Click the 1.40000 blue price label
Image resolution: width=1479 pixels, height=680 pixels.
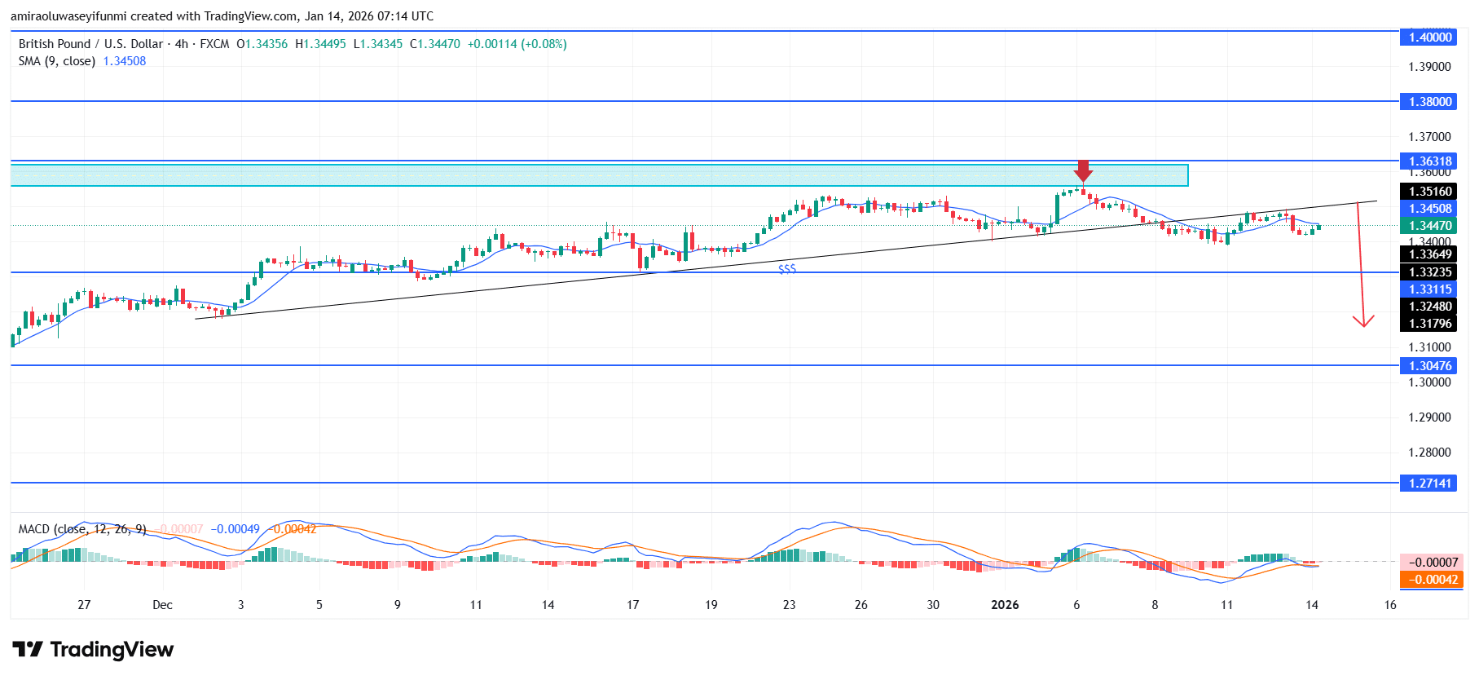tap(1430, 37)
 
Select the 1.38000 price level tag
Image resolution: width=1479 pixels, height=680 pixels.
tap(1430, 102)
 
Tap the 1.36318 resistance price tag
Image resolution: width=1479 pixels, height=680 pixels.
tap(1430, 161)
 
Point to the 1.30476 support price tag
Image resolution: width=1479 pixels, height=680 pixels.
tap(1430, 366)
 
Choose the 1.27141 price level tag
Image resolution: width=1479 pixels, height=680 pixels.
tap(1430, 484)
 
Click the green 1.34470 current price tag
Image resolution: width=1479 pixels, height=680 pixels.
tap(1430, 226)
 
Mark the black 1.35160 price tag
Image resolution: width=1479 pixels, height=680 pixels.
tap(1430, 192)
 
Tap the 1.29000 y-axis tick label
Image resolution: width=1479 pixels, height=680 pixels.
tap(1429, 417)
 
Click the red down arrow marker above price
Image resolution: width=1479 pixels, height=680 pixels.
tap(1082, 171)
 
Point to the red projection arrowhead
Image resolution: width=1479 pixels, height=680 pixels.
tap(1363, 321)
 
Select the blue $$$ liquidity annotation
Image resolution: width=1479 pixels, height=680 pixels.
tap(787, 268)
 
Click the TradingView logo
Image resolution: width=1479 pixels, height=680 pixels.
tap(93, 650)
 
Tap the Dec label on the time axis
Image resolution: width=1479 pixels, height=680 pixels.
tap(162, 605)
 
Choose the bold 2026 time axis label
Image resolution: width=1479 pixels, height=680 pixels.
tap(1005, 605)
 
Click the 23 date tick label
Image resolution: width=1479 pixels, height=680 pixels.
tap(789, 605)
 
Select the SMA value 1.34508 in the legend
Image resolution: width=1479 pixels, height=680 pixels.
tap(125, 61)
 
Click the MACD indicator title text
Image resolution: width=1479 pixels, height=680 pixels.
tap(82, 529)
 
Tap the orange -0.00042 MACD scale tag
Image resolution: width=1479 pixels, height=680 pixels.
tap(1430, 580)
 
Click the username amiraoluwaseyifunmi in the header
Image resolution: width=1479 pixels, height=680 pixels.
tap(68, 16)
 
